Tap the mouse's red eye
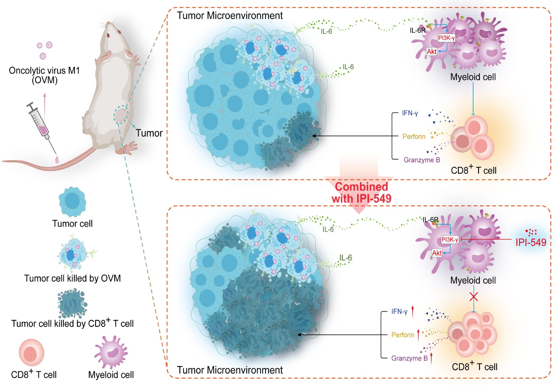[x=108, y=35]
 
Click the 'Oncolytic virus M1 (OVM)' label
[x=44, y=75]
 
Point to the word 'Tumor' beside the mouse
[x=149, y=133]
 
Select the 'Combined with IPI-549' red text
[x=361, y=192]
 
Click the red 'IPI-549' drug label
[x=531, y=242]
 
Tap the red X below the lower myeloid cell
[x=474, y=297]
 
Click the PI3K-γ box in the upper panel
[x=446, y=38]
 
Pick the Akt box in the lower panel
[x=437, y=253]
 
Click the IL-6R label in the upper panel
[x=417, y=31]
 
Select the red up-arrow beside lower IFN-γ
[x=413, y=312]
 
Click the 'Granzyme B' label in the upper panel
[x=421, y=160]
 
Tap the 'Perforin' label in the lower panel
[x=402, y=335]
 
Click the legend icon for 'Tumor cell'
[x=72, y=202]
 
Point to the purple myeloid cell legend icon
[x=111, y=352]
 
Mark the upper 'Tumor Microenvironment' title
[x=230, y=16]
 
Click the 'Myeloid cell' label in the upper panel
[x=473, y=77]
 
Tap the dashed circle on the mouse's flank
[x=121, y=115]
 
